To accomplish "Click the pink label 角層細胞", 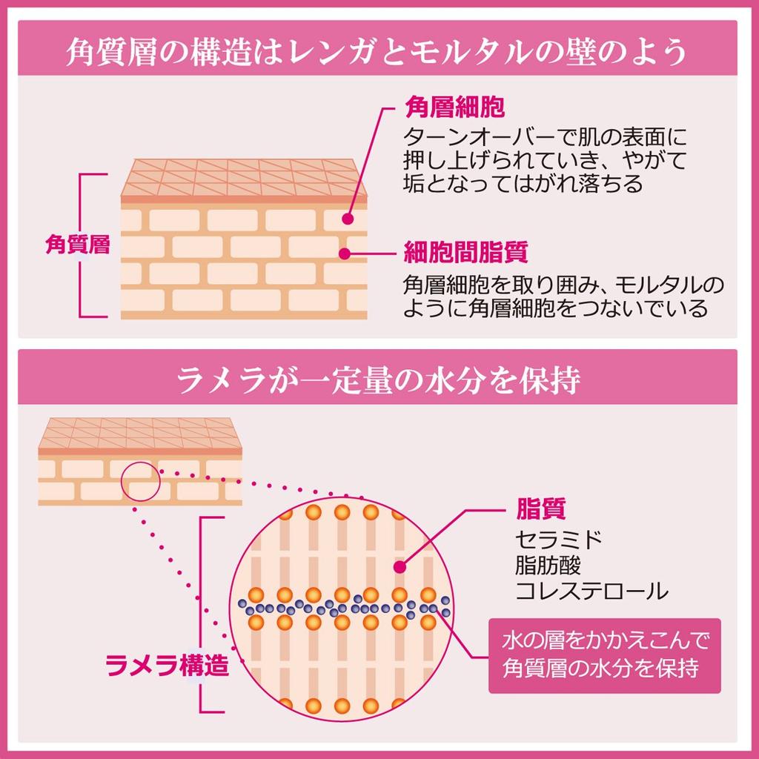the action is tap(454, 107).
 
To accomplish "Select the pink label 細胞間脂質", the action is tap(465, 253).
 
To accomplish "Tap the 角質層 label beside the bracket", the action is tap(77, 245).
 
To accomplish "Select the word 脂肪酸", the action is tap(548, 565).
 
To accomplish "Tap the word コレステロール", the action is tap(591, 591).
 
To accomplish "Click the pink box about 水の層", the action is tap(604, 655).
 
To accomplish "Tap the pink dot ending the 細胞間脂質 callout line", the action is tap(343, 253).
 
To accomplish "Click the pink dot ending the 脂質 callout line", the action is tap(399, 567).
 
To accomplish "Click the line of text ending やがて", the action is tap(545, 159).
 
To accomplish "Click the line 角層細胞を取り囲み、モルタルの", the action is tap(563, 285).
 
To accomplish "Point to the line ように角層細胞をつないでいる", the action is tap(556, 309).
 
